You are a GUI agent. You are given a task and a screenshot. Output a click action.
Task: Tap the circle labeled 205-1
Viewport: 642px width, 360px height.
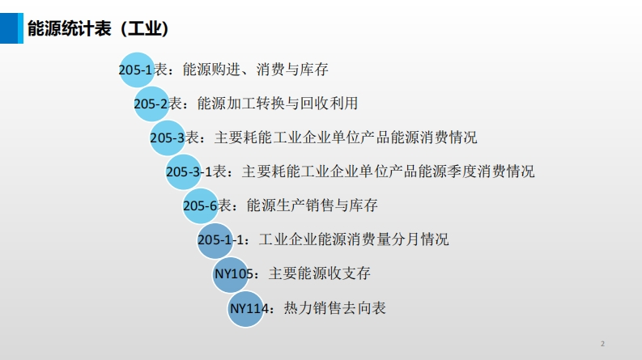(x=136, y=70)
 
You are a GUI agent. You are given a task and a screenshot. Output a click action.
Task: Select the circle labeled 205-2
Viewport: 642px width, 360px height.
(x=151, y=104)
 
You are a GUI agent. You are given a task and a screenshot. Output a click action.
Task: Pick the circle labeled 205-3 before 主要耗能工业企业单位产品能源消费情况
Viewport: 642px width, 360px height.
(x=168, y=138)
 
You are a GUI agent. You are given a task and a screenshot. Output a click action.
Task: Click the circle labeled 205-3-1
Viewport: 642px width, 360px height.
(x=184, y=172)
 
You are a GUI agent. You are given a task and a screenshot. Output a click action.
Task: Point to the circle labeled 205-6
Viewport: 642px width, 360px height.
(x=200, y=205)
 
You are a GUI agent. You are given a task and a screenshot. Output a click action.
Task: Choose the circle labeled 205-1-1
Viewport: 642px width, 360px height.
(x=215, y=239)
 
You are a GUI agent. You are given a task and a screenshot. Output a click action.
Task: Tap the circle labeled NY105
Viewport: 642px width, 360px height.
(x=232, y=274)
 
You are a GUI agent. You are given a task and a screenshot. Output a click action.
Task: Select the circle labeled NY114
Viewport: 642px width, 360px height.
(x=248, y=308)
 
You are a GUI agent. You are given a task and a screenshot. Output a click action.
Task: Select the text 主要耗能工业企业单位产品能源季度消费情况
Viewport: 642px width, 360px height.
(x=389, y=172)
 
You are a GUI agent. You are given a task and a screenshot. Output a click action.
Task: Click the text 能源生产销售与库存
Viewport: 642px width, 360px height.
(x=312, y=205)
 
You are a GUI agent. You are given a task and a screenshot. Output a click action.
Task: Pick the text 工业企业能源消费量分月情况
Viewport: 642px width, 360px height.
(x=354, y=239)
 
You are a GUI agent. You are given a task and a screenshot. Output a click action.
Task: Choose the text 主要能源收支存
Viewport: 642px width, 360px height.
(x=320, y=274)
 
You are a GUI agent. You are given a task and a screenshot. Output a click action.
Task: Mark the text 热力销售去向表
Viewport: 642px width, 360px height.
(x=335, y=308)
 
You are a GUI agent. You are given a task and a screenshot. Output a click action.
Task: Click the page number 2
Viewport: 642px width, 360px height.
(x=602, y=343)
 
